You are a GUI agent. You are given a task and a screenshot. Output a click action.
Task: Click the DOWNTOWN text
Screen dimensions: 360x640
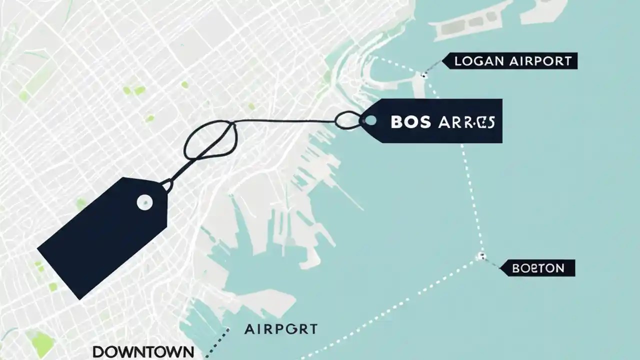tap(143, 351)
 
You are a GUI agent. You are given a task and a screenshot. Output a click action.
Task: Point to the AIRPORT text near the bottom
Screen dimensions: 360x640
tap(280, 329)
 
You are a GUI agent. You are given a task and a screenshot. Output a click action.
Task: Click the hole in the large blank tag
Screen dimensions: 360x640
tap(144, 201)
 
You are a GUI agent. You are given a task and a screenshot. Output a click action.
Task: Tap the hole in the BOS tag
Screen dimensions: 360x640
tap(370, 120)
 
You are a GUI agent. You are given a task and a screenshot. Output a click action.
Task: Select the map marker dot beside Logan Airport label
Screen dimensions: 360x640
tap(423, 75)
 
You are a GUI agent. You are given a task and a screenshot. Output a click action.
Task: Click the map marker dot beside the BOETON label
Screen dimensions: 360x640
tap(481, 256)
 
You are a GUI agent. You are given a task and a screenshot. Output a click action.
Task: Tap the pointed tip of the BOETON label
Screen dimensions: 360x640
tap(501, 268)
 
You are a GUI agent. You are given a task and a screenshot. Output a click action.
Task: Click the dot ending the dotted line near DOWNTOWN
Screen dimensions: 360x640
tap(227, 329)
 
